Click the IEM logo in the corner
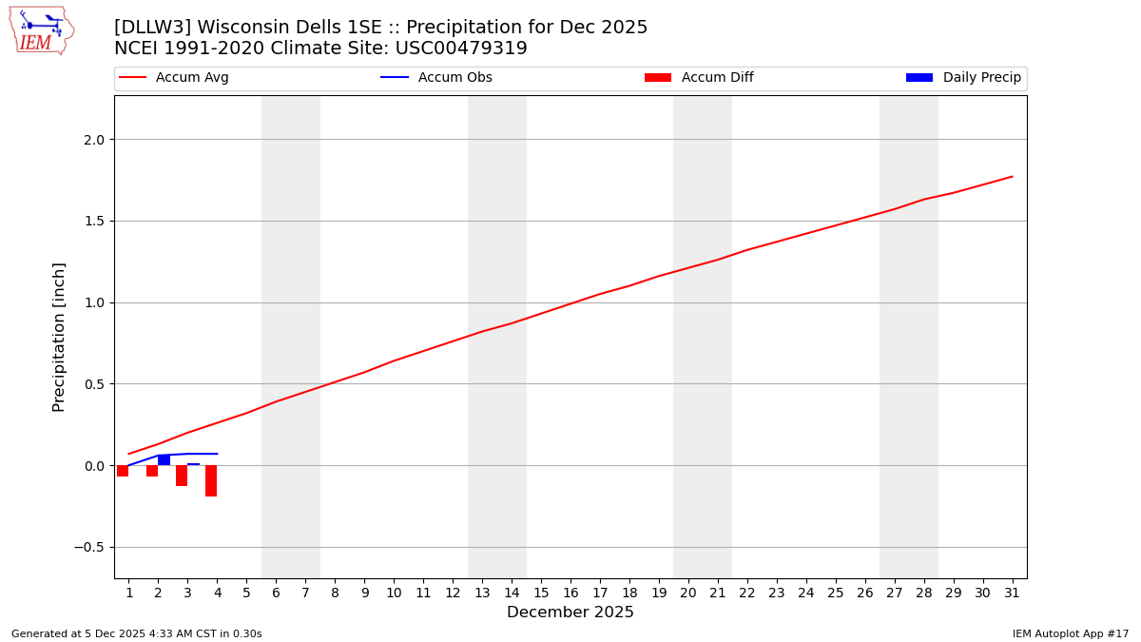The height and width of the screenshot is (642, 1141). (x=41, y=29)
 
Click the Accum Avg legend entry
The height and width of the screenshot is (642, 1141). (x=174, y=78)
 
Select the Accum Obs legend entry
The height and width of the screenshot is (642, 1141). (x=437, y=78)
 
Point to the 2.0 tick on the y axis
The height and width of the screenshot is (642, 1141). (x=93, y=140)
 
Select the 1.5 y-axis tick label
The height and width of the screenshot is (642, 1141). (x=93, y=222)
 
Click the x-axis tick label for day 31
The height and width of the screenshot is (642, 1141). (x=1012, y=593)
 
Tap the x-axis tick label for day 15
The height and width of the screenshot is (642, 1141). (x=541, y=593)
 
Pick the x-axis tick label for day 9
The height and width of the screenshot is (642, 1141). (x=364, y=593)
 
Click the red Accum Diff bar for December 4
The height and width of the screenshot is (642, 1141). (x=211, y=480)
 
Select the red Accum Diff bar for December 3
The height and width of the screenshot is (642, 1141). (x=182, y=476)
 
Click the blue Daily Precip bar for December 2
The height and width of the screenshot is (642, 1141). (x=164, y=460)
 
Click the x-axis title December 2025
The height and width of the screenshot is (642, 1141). (x=570, y=613)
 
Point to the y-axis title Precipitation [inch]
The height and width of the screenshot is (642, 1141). (x=59, y=337)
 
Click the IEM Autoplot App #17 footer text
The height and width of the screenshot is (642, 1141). (x=1071, y=633)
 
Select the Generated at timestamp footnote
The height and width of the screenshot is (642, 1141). (x=136, y=633)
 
